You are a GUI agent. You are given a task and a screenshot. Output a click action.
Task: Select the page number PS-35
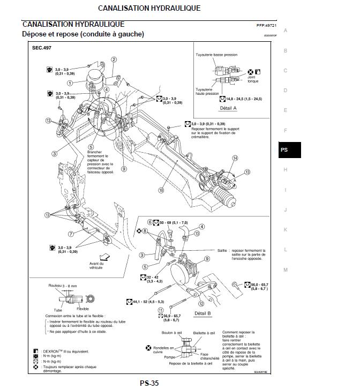149,383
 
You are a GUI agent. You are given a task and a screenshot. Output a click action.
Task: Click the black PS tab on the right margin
284,149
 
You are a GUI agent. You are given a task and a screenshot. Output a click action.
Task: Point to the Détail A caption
228,108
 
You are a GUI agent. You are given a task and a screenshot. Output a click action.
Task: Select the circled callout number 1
70,83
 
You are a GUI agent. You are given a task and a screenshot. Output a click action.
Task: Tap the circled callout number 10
161,190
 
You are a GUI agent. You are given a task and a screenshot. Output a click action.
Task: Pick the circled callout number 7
70,234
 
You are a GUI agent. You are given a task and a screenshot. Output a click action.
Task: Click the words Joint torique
253,79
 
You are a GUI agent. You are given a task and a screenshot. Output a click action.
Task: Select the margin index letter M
286,270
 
